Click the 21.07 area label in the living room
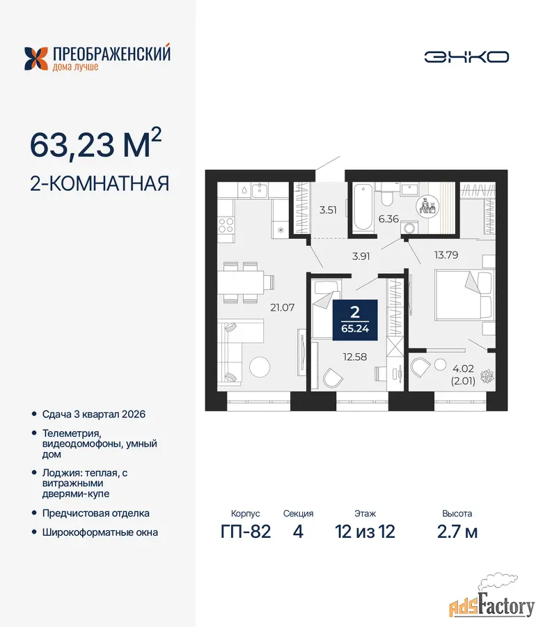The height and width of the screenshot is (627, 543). point(282,307)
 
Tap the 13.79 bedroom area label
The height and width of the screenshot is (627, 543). point(446,255)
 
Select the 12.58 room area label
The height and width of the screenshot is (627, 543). point(355,357)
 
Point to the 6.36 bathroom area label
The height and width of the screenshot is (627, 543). point(388,219)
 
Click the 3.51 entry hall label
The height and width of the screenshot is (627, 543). point(328,210)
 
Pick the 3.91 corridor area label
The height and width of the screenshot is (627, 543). point(361,256)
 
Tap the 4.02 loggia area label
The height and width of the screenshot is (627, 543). point(463,369)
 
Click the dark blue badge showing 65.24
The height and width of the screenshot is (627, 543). point(355,320)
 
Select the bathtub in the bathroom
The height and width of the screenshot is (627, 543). point(363,207)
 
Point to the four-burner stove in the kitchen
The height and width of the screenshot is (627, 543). point(226,225)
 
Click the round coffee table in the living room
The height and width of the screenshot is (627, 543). point(260,366)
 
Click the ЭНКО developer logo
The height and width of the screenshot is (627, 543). point(466,57)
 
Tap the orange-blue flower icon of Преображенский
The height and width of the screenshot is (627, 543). point(36,59)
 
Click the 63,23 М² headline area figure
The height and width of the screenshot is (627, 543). point(96,144)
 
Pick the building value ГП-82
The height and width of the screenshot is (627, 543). point(246,532)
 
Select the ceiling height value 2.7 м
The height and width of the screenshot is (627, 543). point(457,532)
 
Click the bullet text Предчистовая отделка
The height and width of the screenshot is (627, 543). point(96,513)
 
